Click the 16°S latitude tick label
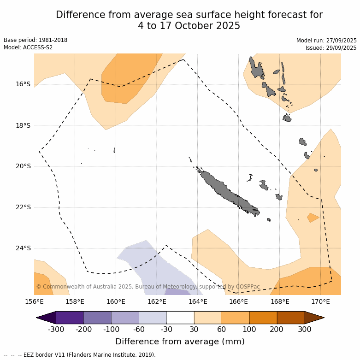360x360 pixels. point(23,84)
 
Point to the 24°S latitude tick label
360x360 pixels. point(23,248)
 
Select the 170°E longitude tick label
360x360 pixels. point(320,302)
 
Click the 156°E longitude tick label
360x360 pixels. point(34,302)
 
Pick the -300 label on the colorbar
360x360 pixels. point(56,329)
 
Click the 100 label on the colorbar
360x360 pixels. point(249,329)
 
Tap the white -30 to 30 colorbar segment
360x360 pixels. point(180,318)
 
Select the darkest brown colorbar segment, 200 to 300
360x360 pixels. point(290,318)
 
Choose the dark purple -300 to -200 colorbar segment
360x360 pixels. point(70,318)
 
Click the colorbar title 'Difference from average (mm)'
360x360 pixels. point(180,342)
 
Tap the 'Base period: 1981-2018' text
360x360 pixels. point(35,40)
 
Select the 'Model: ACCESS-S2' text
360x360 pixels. point(28,47)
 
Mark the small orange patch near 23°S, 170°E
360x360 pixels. point(313,217)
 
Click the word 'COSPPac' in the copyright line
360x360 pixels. point(248,287)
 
